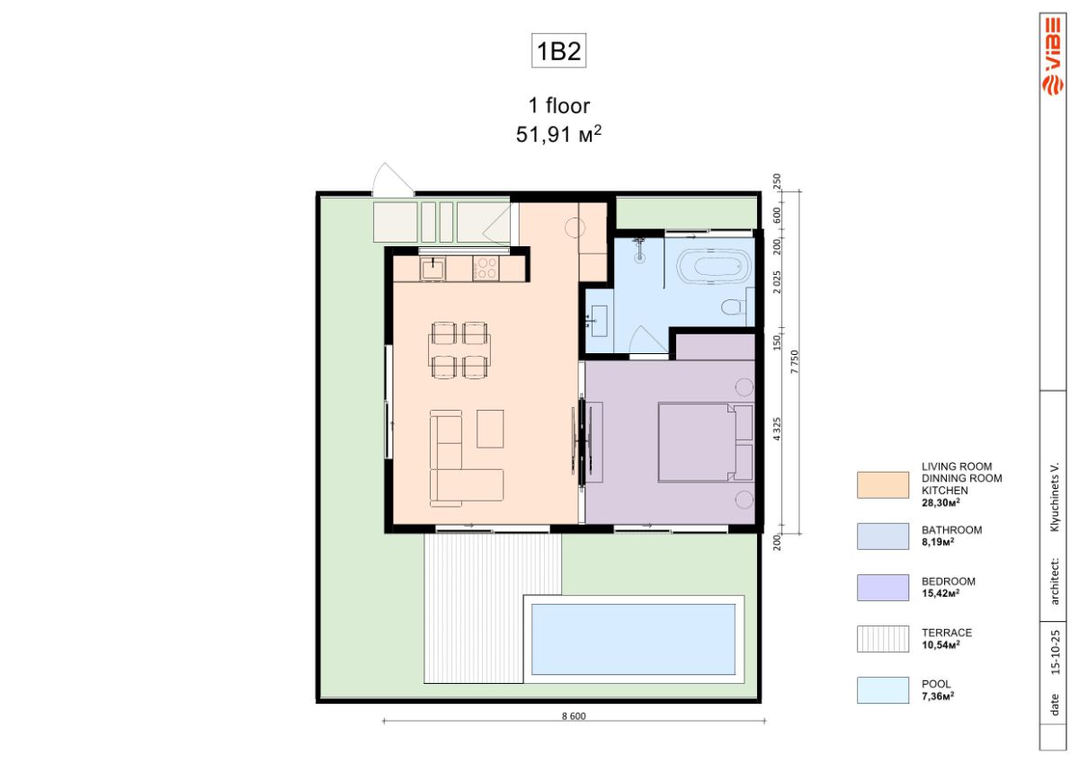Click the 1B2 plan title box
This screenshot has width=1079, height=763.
tap(558, 50)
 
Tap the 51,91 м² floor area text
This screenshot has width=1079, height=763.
tap(558, 134)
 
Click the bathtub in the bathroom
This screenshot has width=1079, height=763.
tap(714, 266)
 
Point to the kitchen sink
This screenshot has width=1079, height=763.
tap(432, 269)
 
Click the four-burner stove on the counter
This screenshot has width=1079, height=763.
tap(486, 269)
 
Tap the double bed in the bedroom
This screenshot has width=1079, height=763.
tap(706, 442)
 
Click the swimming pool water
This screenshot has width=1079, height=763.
tap(633, 639)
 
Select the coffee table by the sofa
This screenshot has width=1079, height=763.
tap(490, 429)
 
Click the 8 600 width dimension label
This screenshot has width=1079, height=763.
tap(574, 716)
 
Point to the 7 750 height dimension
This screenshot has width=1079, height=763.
tap(794, 361)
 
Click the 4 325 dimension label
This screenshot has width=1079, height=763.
tap(777, 429)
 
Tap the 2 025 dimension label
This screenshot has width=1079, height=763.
tap(777, 282)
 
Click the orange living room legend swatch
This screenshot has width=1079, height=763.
tap(883, 484)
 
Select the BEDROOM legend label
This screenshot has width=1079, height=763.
tap(949, 581)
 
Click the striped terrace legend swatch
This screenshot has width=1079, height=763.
tap(883, 639)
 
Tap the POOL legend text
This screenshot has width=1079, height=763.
tap(936, 684)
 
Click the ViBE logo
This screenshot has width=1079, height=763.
tap(1053, 57)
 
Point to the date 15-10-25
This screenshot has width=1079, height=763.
tap(1056, 652)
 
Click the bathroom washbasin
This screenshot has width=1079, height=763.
tap(599, 321)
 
